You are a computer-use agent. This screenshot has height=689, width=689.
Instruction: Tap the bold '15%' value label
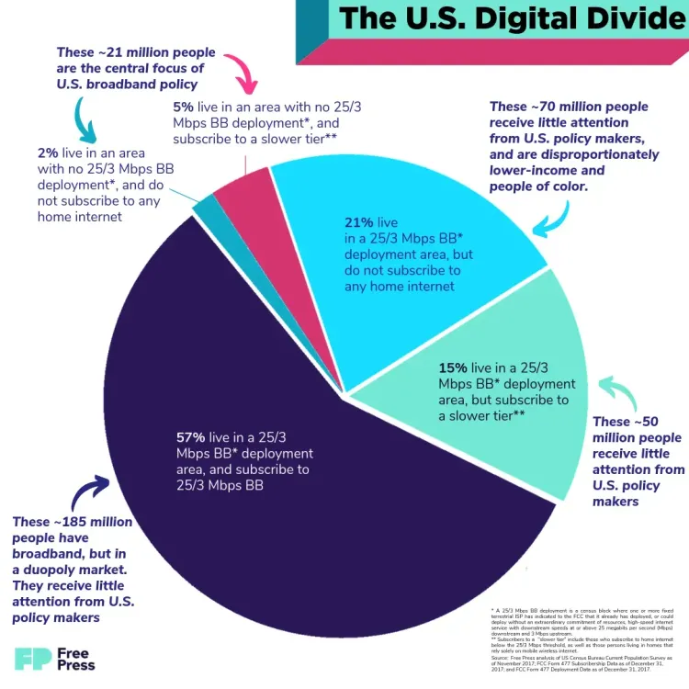point(455,367)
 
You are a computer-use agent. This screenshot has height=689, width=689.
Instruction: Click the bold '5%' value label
point(182,107)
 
